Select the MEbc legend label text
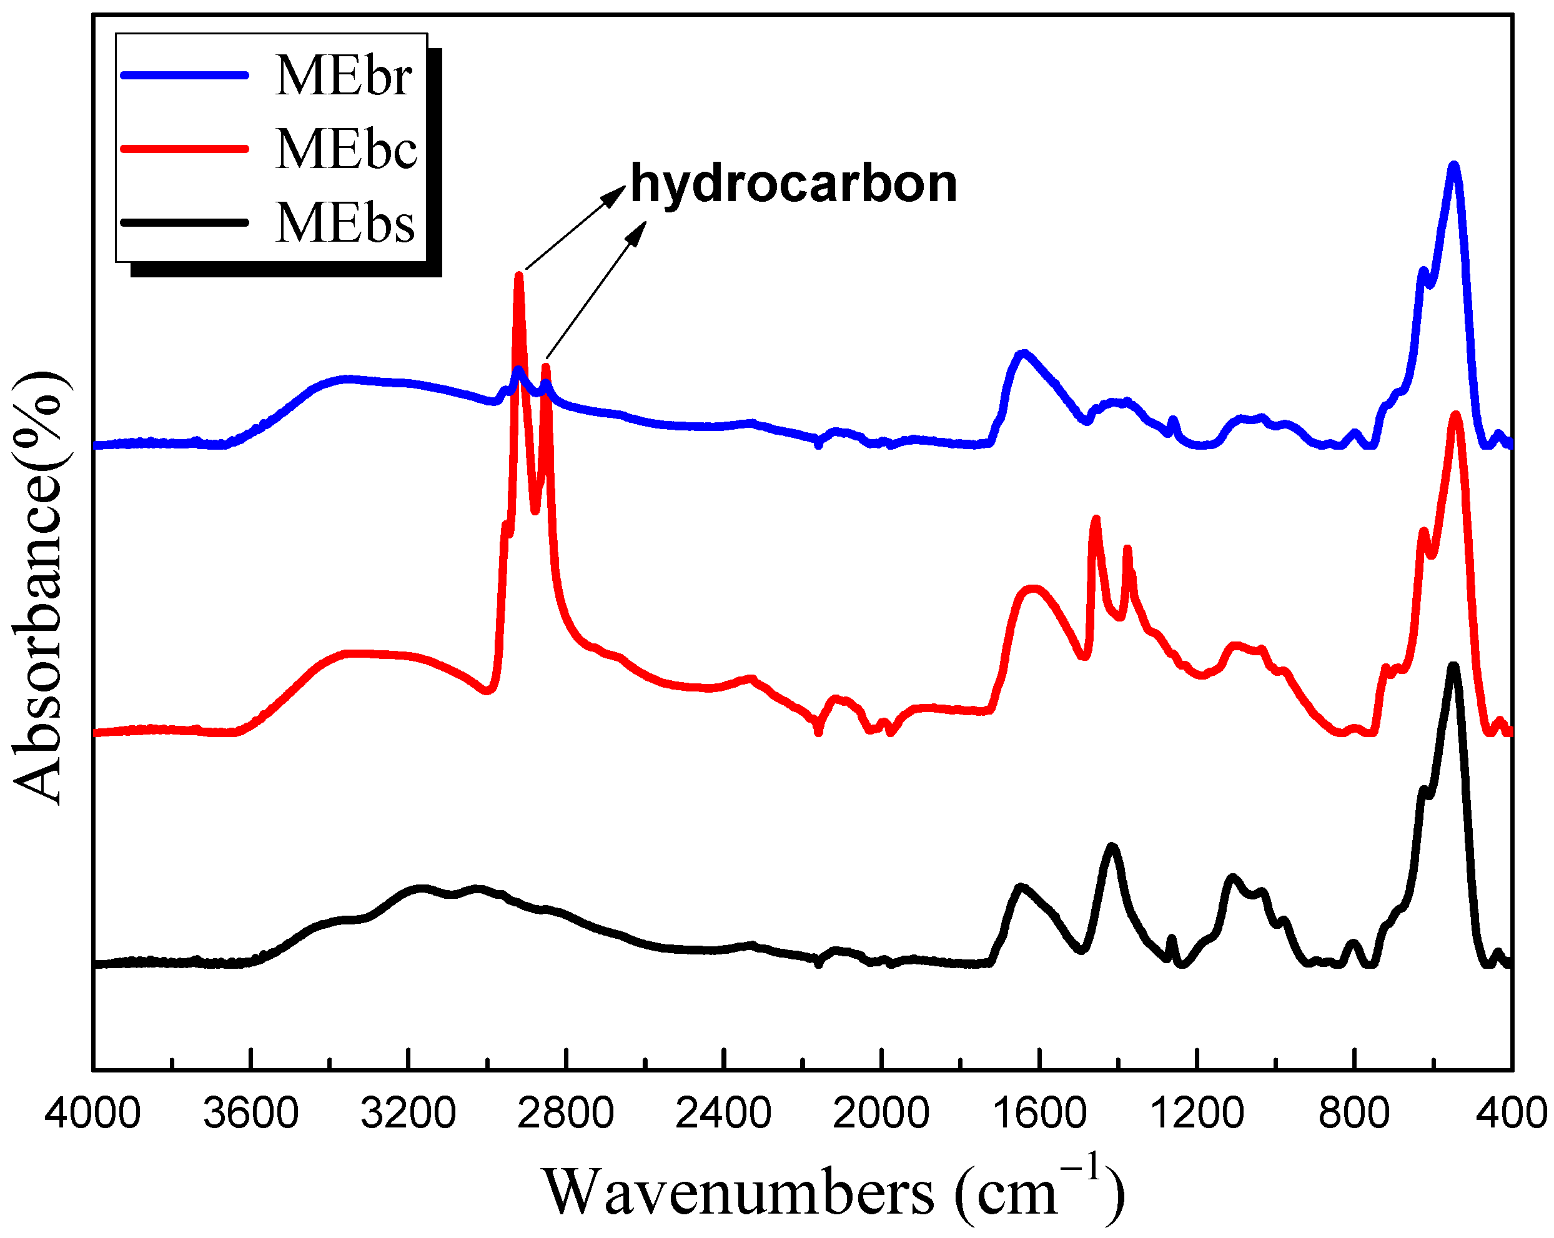pyautogui.click(x=346, y=149)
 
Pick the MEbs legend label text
pyautogui.click(x=345, y=222)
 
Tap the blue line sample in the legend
pyautogui.click(x=184, y=75)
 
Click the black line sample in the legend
pyautogui.click(x=184, y=222)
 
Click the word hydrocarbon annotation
pyautogui.click(x=794, y=184)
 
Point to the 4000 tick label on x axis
pyautogui.click(x=92, y=1112)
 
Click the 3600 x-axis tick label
pyautogui.click(x=250, y=1112)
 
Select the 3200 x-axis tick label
pyautogui.click(x=408, y=1112)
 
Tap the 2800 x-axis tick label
pyautogui.click(x=566, y=1112)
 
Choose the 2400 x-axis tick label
pyautogui.click(x=724, y=1112)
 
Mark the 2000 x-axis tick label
pyautogui.click(x=881, y=1112)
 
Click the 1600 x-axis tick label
pyautogui.click(x=1039, y=1112)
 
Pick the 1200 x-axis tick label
pyautogui.click(x=1197, y=1112)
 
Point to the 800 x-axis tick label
pyautogui.click(x=1354, y=1112)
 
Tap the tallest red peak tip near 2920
pyautogui.click(x=518, y=275)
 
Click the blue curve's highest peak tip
pyautogui.click(x=1454, y=166)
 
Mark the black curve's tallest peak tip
pyautogui.click(x=1454, y=666)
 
